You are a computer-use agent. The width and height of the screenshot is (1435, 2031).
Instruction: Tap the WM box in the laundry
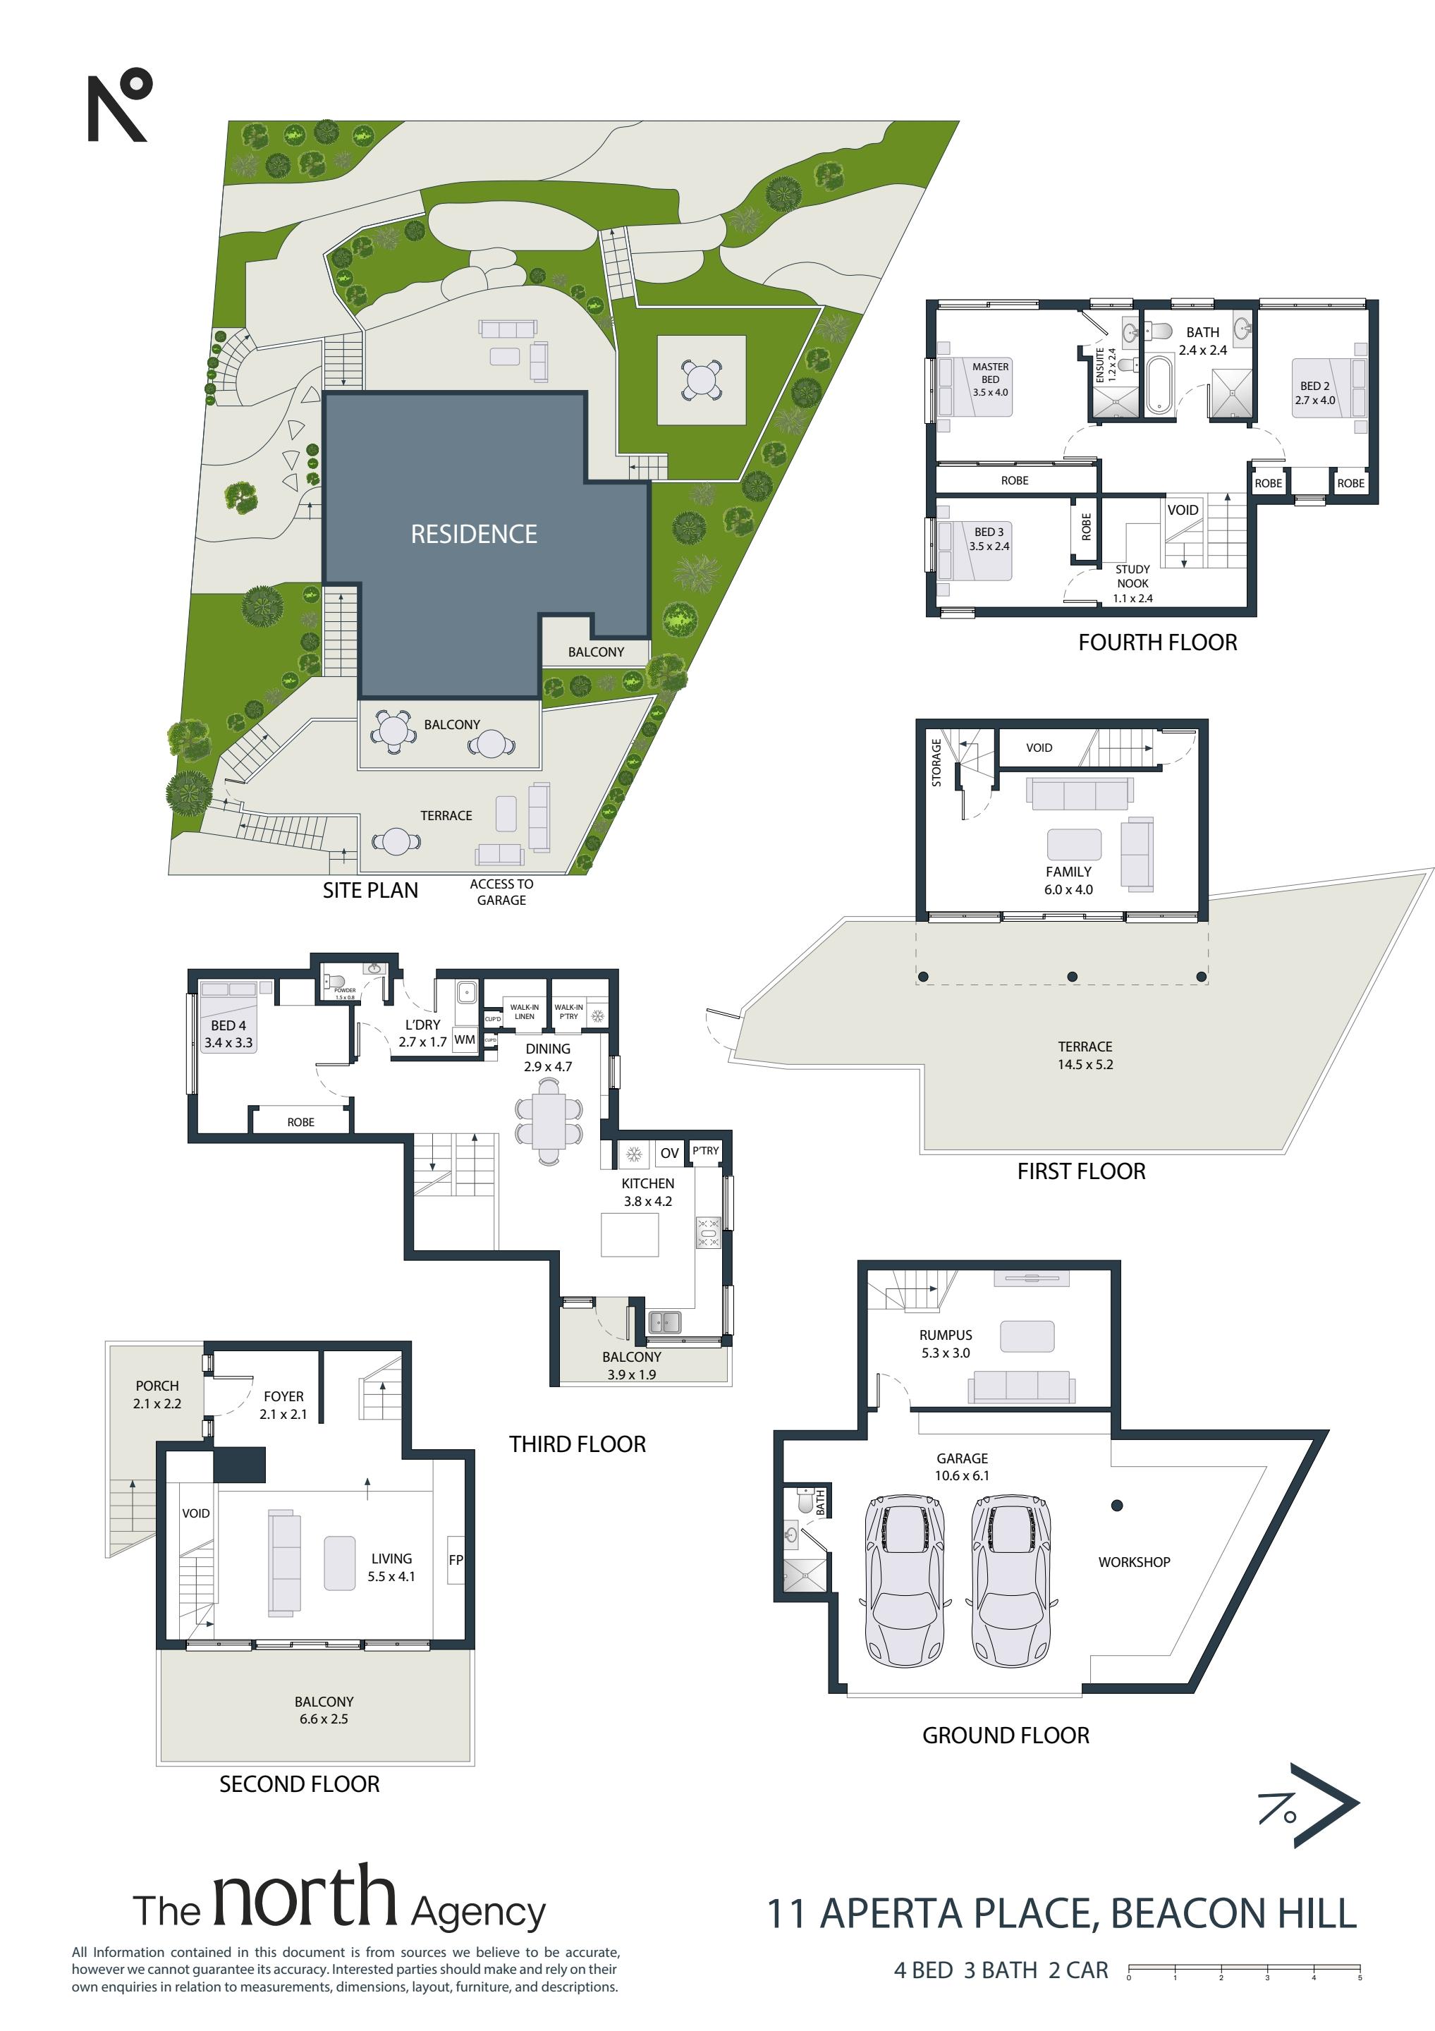tap(465, 1039)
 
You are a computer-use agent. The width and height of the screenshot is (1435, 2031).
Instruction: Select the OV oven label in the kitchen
tap(670, 1152)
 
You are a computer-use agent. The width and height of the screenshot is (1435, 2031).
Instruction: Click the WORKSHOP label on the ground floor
tap(1134, 1562)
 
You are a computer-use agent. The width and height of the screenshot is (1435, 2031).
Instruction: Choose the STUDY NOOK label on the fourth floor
tap(1132, 576)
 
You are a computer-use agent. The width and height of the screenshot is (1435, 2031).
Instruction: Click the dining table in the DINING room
tap(549, 1120)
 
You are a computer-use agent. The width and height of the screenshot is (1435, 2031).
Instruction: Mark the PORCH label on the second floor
tap(157, 1386)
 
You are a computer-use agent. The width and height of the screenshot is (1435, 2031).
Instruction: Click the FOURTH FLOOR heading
tap(1157, 642)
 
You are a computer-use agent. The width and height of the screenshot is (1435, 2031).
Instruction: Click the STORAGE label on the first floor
tap(936, 762)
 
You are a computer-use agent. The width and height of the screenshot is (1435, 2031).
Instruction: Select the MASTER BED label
tap(990, 372)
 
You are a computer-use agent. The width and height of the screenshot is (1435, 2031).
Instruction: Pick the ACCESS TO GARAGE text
tap(501, 891)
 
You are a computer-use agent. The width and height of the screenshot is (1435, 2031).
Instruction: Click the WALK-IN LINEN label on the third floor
tap(525, 1011)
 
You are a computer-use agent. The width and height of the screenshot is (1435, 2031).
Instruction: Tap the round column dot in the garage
tap(1118, 1505)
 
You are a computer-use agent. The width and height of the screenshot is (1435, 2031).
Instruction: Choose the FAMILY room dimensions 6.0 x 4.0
tap(1069, 890)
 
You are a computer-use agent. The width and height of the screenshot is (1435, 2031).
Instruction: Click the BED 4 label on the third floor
tap(228, 1025)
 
